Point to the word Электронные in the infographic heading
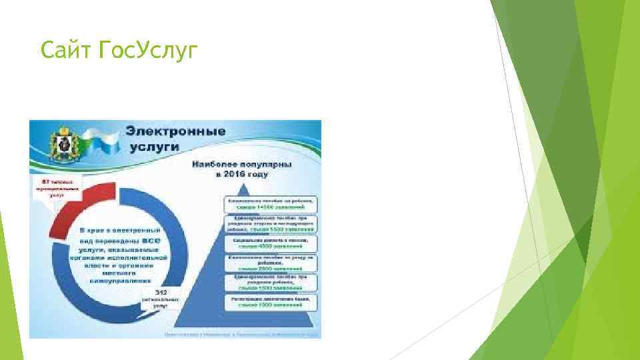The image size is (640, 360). click(x=175, y=131)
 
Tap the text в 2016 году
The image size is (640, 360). click(x=241, y=174)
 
